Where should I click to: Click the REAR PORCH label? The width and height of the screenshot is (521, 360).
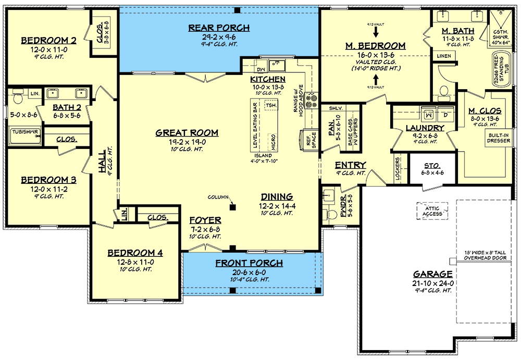pyautogui.click(x=219, y=28)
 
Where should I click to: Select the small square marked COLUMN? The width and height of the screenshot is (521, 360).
pyautogui.click(x=232, y=207)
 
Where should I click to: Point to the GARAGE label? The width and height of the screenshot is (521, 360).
pyautogui.click(x=433, y=274)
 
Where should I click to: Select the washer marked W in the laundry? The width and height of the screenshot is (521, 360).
pyautogui.click(x=429, y=114)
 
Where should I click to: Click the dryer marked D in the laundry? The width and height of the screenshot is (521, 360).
pyautogui.click(x=445, y=114)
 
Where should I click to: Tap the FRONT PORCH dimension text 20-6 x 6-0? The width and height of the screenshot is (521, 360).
pyautogui.click(x=250, y=272)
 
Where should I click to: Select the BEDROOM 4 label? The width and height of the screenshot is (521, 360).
pyautogui.click(x=135, y=253)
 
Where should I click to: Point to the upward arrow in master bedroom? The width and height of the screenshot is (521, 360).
pyautogui.click(x=376, y=79)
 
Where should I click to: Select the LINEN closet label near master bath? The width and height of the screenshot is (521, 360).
pyautogui.click(x=443, y=55)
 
